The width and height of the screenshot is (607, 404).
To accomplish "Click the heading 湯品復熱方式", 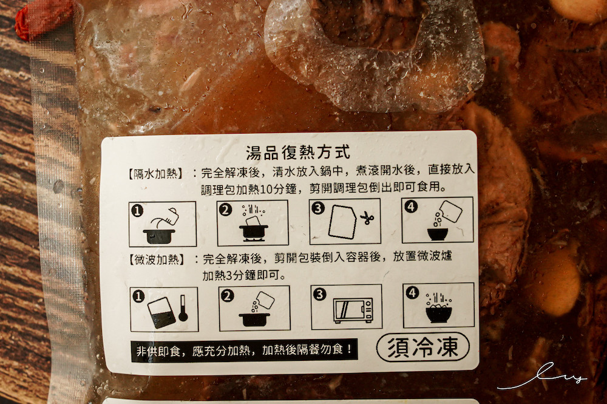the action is click(298, 152).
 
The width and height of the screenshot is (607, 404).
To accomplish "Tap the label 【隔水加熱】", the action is click(155, 174).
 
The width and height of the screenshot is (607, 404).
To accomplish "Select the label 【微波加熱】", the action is click(156, 259).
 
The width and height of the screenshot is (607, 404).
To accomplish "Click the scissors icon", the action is click(366, 219).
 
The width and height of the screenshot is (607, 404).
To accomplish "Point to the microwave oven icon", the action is click(353, 310).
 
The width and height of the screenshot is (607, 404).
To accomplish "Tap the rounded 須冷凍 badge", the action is click(422, 347).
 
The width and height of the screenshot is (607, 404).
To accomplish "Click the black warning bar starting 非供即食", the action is click(244, 351).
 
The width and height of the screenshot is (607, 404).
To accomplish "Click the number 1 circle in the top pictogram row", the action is click(137, 211).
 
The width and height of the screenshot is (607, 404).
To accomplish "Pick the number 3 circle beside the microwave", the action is click(319, 295).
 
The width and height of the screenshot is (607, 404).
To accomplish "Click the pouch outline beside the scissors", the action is click(342, 222).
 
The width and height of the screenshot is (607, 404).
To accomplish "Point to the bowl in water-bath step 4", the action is click(438, 234).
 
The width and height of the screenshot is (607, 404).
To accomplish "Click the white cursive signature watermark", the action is click(542, 375).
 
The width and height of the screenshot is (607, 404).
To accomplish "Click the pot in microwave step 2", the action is click(254, 319).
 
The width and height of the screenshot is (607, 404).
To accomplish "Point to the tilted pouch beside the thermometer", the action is click(161, 313).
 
